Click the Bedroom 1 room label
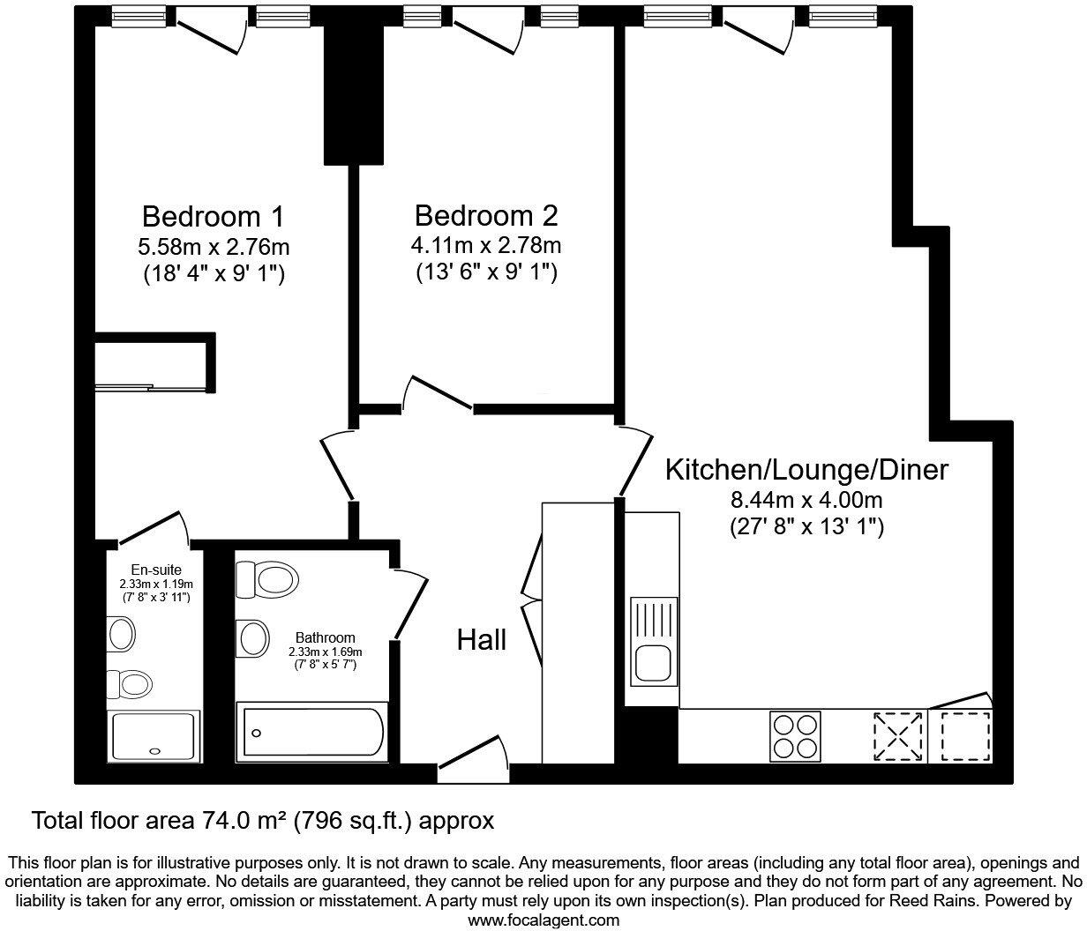(213, 216)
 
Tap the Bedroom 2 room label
(486, 216)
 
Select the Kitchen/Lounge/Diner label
(806, 469)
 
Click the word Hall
(481, 639)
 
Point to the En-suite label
(156, 570)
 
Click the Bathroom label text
(325, 637)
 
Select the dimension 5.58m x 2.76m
(213, 246)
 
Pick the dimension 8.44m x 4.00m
(806, 500)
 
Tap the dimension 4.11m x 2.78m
(486, 244)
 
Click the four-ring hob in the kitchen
(795, 736)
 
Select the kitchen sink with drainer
(654, 641)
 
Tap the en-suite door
(154, 528)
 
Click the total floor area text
(262, 821)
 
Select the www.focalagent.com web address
(543, 920)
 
